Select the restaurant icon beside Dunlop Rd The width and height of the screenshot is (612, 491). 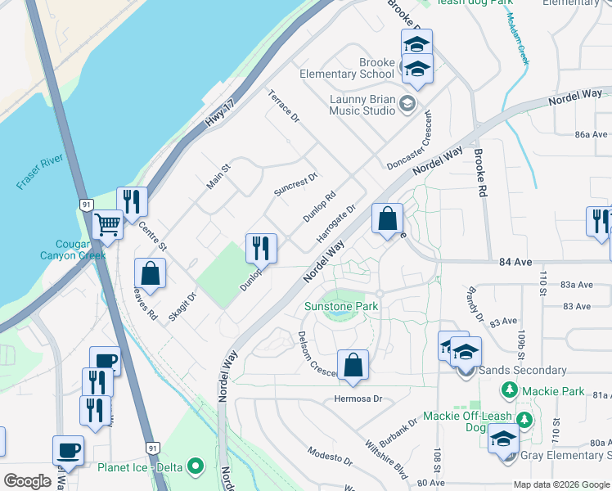261,247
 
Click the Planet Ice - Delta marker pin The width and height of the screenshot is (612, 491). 195,467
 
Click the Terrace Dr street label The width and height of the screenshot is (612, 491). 284,107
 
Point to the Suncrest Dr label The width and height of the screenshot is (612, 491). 295,184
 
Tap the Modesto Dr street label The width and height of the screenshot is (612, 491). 329,456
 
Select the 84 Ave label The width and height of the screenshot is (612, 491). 515,264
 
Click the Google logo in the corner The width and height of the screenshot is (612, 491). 27,480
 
